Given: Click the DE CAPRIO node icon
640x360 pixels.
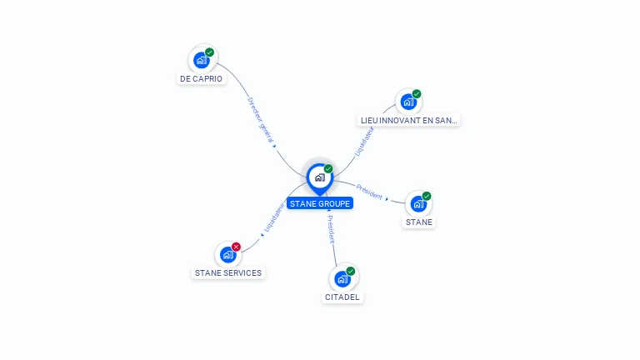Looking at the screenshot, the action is tap(201, 60).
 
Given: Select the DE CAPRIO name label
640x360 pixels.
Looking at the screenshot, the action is tap(201, 79).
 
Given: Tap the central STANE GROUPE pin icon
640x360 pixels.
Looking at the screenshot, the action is tap(319, 177).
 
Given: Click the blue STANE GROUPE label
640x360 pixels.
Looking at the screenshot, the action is tap(320, 203).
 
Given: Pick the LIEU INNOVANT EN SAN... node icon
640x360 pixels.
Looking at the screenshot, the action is tap(408, 102).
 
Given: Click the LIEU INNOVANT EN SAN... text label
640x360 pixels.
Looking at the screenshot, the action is tap(408, 120).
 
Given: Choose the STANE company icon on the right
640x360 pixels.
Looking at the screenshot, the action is tap(418, 203).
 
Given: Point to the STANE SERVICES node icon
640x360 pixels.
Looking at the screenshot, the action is tap(227, 255).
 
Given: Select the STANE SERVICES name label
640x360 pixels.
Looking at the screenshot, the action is tap(227, 272).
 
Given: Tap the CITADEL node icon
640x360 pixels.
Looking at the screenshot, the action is tap(342, 279).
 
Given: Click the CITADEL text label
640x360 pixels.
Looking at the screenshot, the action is tap(343, 297).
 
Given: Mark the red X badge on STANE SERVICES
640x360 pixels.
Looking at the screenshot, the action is tap(237, 247).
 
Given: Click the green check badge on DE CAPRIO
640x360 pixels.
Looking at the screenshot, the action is tap(210, 52).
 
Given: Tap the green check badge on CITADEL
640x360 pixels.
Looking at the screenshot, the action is tap(351, 271).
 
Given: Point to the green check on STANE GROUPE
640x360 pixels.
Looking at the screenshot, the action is tap(328, 168).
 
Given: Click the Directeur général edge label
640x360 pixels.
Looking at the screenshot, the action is tap(260, 120).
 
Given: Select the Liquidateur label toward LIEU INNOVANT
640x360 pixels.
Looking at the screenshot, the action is tap(364, 142).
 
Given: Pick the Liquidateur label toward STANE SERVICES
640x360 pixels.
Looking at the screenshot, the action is tap(274, 215).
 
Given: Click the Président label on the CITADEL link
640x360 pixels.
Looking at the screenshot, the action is tap(331, 229).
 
